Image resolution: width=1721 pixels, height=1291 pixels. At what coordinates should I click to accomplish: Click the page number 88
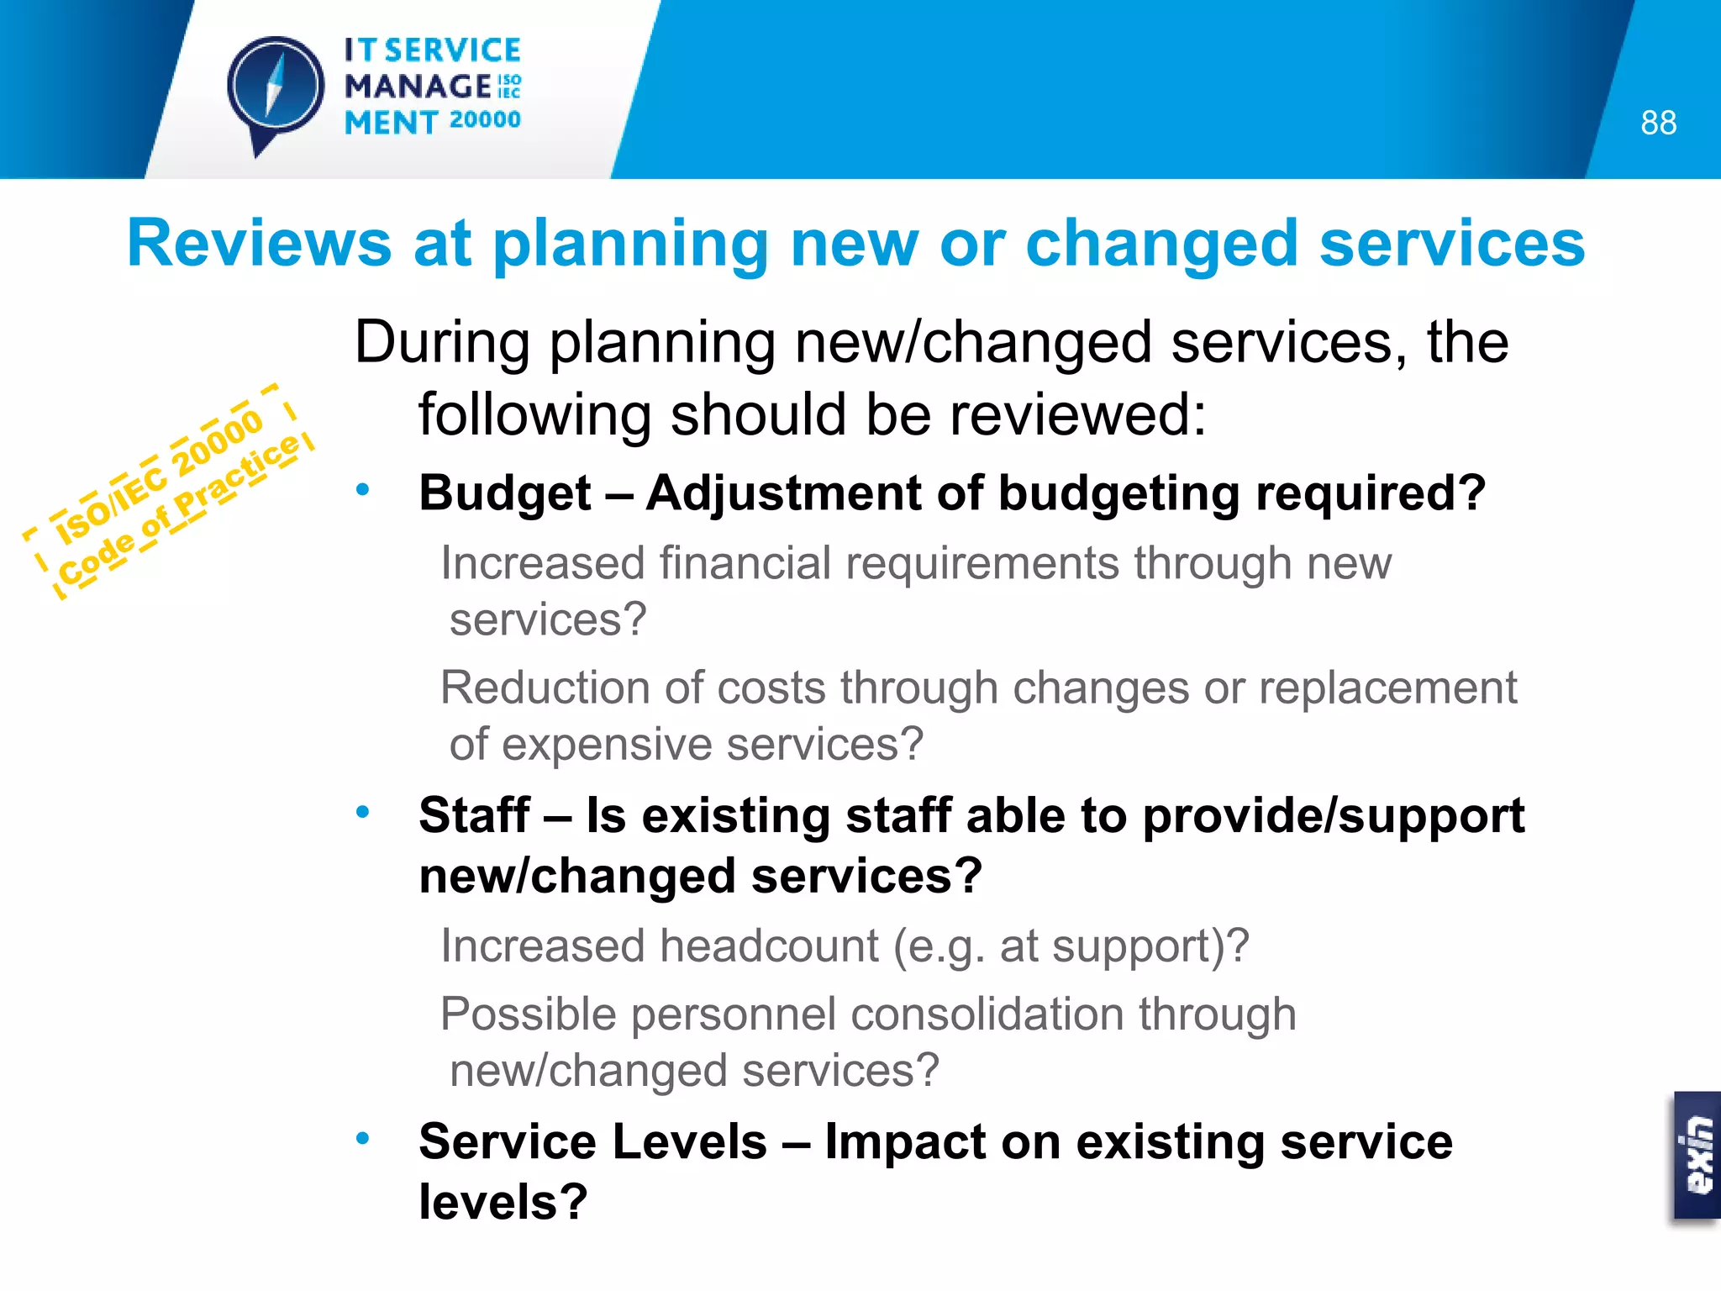[x=1658, y=123]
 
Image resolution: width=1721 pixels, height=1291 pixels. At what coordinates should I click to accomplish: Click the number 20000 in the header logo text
[x=485, y=120]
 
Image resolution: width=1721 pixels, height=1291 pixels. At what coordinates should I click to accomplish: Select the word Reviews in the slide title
[x=259, y=244]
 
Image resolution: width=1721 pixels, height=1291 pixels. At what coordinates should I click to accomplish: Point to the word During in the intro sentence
[x=442, y=342]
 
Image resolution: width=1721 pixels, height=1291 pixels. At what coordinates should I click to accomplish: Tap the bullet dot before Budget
[x=362, y=489]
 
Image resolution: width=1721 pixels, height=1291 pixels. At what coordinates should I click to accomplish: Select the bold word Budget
[x=505, y=493]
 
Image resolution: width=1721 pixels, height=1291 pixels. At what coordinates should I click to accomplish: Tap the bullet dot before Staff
[x=362, y=812]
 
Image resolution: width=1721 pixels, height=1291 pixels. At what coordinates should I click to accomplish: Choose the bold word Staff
[x=474, y=815]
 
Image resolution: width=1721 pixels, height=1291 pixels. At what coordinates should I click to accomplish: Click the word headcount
[x=769, y=946]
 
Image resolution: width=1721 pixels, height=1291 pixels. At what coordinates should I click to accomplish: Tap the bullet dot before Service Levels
[x=362, y=1138]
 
